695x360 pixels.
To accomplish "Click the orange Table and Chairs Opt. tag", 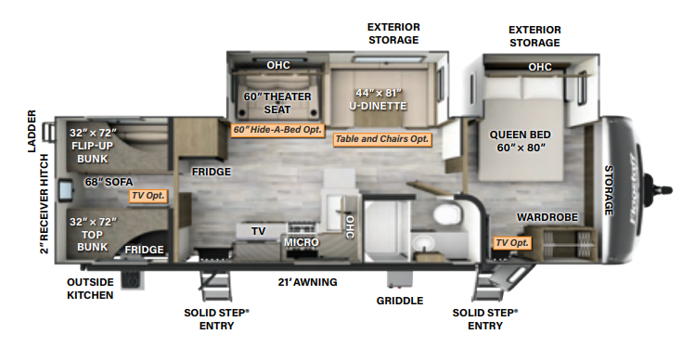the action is [382, 139].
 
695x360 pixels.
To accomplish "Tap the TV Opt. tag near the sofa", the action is [148, 196].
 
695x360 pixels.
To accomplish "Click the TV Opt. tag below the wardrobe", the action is [511, 243].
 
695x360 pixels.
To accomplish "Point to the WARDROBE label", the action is [547, 217].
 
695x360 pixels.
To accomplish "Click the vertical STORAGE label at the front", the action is [609, 190].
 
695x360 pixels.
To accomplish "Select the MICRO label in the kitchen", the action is [302, 242].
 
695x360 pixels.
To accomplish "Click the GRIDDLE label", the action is [400, 301].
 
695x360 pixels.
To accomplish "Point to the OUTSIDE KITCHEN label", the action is [90, 289].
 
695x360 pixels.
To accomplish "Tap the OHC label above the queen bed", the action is [540, 67].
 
